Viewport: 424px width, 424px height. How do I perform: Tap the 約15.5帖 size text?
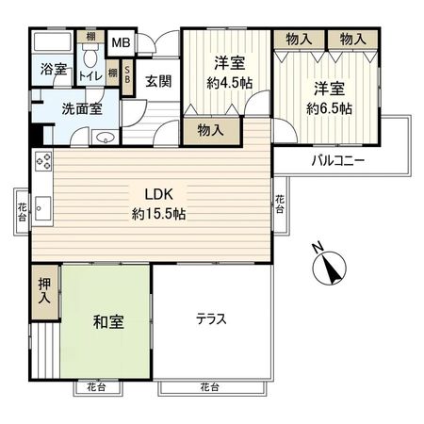click(x=158, y=214)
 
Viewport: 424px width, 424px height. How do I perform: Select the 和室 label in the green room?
click(x=107, y=320)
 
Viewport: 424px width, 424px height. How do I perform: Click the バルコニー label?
click(x=338, y=160)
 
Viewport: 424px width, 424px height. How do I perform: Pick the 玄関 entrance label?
click(x=157, y=82)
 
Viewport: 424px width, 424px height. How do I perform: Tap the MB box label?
click(x=122, y=43)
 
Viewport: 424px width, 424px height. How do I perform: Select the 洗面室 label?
click(x=69, y=107)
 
